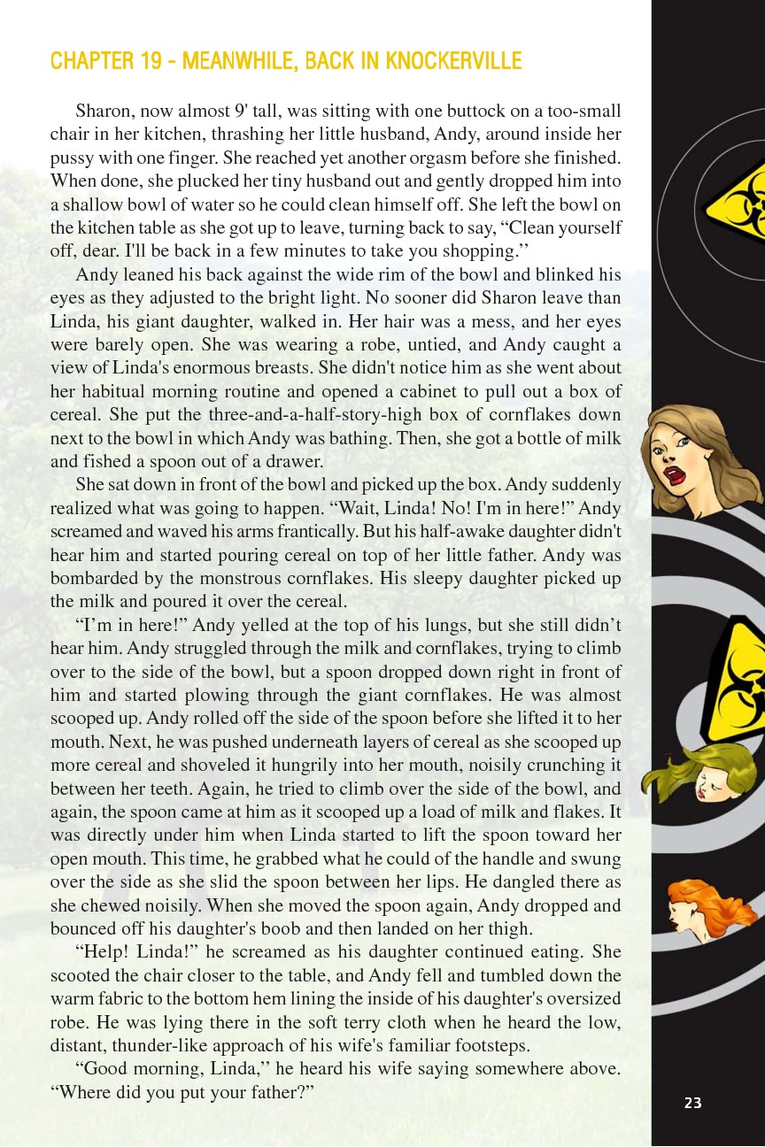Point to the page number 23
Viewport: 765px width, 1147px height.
click(x=692, y=1102)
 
